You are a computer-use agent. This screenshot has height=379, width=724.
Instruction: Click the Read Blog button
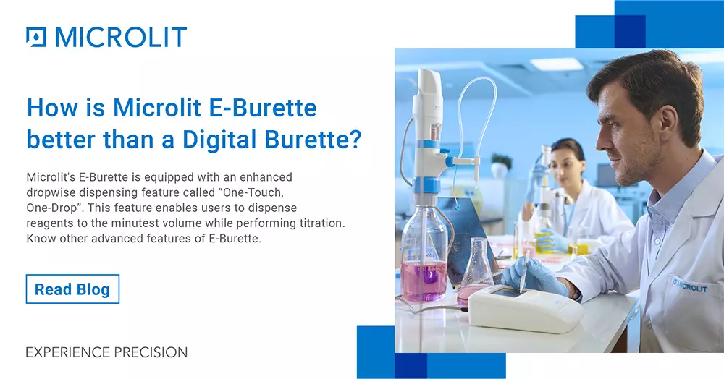(72, 289)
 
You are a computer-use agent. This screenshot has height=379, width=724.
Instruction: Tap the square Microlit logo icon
(36, 37)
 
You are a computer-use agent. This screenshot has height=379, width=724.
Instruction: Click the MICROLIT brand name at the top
(121, 37)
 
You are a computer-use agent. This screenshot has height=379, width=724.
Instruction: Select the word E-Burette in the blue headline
(263, 108)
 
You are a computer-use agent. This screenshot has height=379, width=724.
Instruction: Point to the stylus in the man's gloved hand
(525, 271)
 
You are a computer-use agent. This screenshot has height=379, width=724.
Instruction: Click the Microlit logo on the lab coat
(690, 286)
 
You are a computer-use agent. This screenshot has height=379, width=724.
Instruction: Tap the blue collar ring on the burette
(426, 185)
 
